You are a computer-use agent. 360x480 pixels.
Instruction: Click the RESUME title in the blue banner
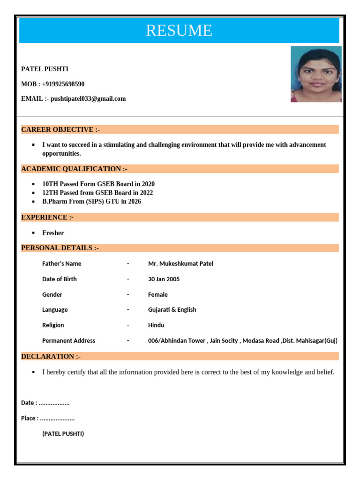pos(179,30)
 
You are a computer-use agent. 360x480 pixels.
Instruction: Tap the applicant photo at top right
pos(316,74)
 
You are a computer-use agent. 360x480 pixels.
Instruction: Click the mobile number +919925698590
pos(63,84)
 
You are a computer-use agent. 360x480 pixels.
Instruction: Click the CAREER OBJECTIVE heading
pos(60,130)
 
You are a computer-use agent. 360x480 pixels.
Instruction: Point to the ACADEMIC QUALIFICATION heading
pos(74,169)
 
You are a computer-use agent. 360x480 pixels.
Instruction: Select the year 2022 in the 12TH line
pos(146,193)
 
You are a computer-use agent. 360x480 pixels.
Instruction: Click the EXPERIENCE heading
pos(47,217)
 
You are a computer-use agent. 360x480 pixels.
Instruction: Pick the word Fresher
pos(53,233)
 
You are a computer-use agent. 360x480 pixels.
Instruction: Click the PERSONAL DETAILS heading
pos(60,248)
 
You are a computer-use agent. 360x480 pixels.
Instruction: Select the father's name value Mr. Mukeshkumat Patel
pos(180,263)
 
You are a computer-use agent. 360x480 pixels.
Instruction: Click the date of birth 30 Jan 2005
pos(164,279)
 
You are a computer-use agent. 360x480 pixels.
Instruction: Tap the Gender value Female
pos(158,294)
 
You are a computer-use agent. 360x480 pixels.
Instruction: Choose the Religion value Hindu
pos(156,325)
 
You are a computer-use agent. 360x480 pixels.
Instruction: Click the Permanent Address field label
pos(68,341)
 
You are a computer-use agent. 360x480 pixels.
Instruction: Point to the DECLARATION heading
pos(51,357)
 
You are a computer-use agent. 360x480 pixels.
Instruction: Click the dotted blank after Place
pos(57,419)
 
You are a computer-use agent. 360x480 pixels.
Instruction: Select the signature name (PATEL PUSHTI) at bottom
pos(63,434)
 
